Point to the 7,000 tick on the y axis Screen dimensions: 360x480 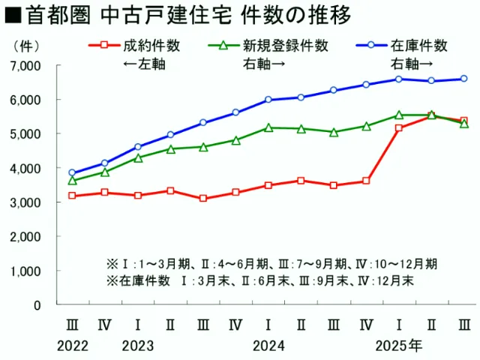coord(25,66)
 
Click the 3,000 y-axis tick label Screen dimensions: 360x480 coord(25,202)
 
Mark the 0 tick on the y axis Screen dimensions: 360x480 coord(37,305)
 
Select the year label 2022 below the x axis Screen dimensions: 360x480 coord(72,346)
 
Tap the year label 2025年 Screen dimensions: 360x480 coord(399,346)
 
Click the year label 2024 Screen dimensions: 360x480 coord(268,346)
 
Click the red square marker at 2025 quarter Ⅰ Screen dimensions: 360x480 coord(399,128)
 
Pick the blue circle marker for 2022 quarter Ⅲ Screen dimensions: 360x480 coord(72,172)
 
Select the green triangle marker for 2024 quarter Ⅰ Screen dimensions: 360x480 coord(268,127)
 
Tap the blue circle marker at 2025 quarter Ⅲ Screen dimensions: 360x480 coord(464,79)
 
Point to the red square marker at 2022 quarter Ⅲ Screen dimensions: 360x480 coord(72,196)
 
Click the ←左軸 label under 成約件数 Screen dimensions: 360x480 coord(144,64)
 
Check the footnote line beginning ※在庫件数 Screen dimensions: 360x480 coord(259,280)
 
